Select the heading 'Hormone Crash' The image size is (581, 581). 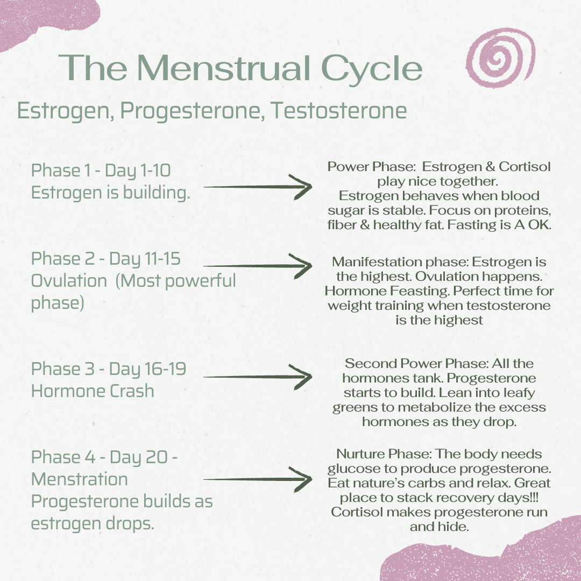pos(93,391)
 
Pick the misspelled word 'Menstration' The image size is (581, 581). pos(79,479)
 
